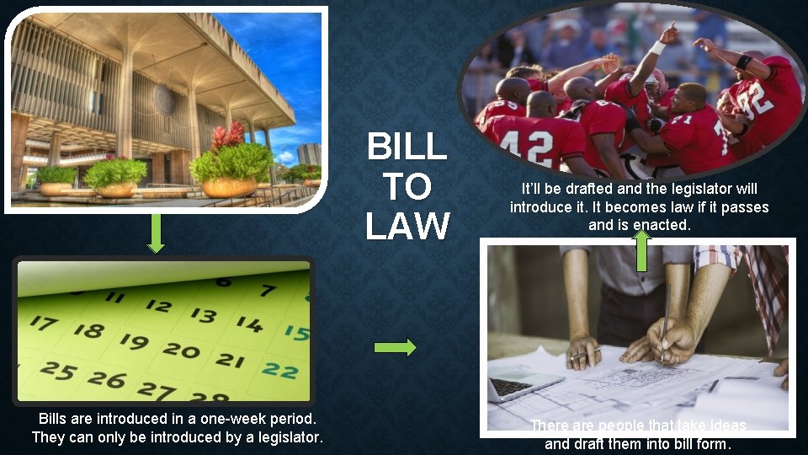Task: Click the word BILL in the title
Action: coord(407,147)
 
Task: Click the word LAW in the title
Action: coord(408,225)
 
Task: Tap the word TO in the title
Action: coord(408,186)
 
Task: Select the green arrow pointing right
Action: coord(395,347)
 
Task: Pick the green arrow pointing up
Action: coord(641,250)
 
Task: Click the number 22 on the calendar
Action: coord(279,369)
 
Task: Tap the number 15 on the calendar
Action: coord(295,331)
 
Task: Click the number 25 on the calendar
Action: coord(56,368)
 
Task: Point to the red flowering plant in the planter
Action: coord(228,135)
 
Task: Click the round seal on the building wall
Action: coord(164,99)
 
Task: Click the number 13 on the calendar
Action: coord(203,313)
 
